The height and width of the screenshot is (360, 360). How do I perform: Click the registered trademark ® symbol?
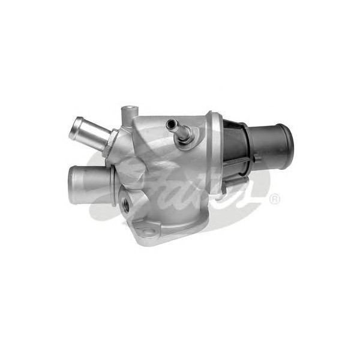tap(274, 199)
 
